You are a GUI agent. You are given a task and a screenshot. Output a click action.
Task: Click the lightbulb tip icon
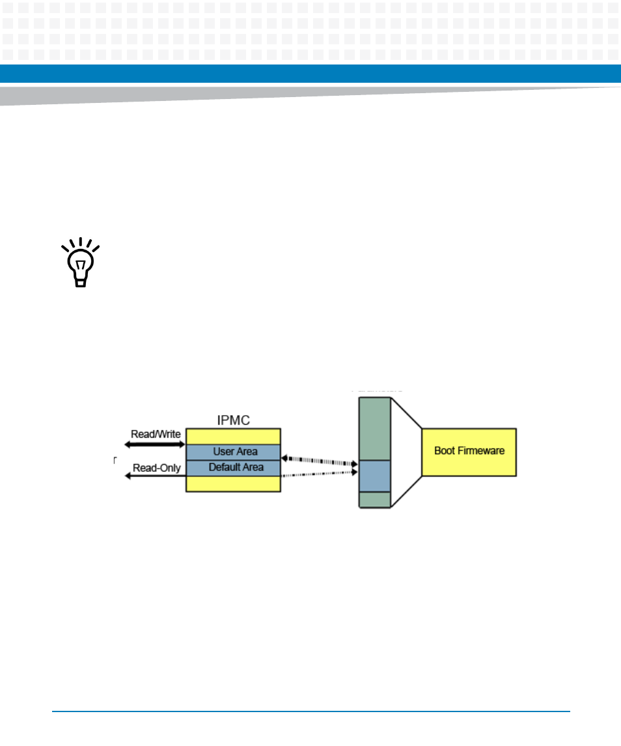pyautogui.click(x=80, y=263)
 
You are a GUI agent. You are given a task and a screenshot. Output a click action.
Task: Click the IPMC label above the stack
pyautogui.click(x=233, y=419)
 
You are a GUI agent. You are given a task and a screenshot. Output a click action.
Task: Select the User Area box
pyautogui.click(x=234, y=452)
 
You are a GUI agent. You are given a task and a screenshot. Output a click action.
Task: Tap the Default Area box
pyautogui.click(x=234, y=468)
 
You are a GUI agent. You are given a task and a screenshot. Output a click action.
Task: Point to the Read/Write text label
pyautogui.click(x=156, y=435)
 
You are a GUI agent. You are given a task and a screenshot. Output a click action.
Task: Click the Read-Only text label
pyautogui.click(x=156, y=467)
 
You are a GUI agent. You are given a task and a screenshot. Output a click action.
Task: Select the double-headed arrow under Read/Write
pyautogui.click(x=156, y=444)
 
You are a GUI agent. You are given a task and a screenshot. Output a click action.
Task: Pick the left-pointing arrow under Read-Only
pyautogui.click(x=156, y=476)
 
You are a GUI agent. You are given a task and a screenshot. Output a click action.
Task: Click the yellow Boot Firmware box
pyautogui.click(x=469, y=452)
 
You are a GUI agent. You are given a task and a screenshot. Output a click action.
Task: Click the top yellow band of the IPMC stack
pyautogui.click(x=234, y=436)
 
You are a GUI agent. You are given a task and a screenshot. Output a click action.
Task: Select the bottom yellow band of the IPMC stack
pyautogui.click(x=234, y=483)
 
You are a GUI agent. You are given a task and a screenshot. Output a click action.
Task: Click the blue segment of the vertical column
pyautogui.click(x=374, y=476)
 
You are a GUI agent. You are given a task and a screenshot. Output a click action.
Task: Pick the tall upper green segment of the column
pyautogui.click(x=374, y=429)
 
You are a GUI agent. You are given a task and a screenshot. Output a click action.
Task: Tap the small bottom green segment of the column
pyautogui.click(x=374, y=499)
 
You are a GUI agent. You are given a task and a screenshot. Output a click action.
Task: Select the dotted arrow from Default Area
pyautogui.click(x=320, y=475)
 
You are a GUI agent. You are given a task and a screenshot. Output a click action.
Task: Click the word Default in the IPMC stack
pyautogui.click(x=222, y=468)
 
